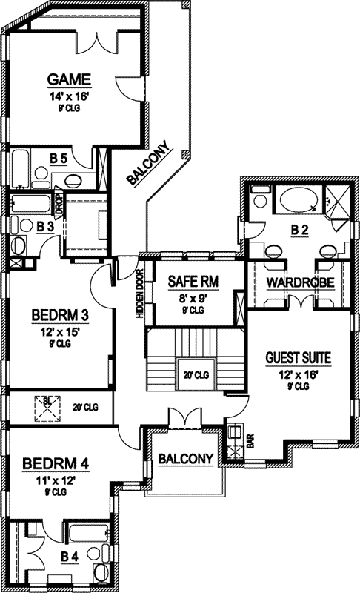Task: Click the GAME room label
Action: tap(69, 79)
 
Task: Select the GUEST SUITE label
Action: tap(298, 359)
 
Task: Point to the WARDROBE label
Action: tap(300, 282)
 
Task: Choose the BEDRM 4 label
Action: tap(56, 464)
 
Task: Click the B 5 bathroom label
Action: tap(59, 158)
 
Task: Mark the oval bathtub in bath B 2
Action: tap(296, 201)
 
